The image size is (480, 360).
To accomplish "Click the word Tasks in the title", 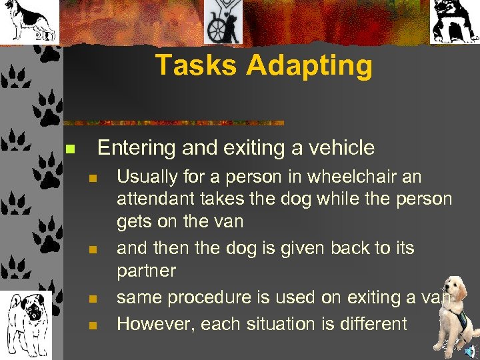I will [x=197, y=65].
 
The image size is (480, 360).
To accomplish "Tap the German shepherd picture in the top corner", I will [x=29, y=21].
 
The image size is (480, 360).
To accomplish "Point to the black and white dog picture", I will [x=454, y=21].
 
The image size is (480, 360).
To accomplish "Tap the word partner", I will [x=146, y=271].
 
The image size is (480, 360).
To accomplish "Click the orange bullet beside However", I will [x=93, y=325].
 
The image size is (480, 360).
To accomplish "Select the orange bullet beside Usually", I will [x=93, y=178].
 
